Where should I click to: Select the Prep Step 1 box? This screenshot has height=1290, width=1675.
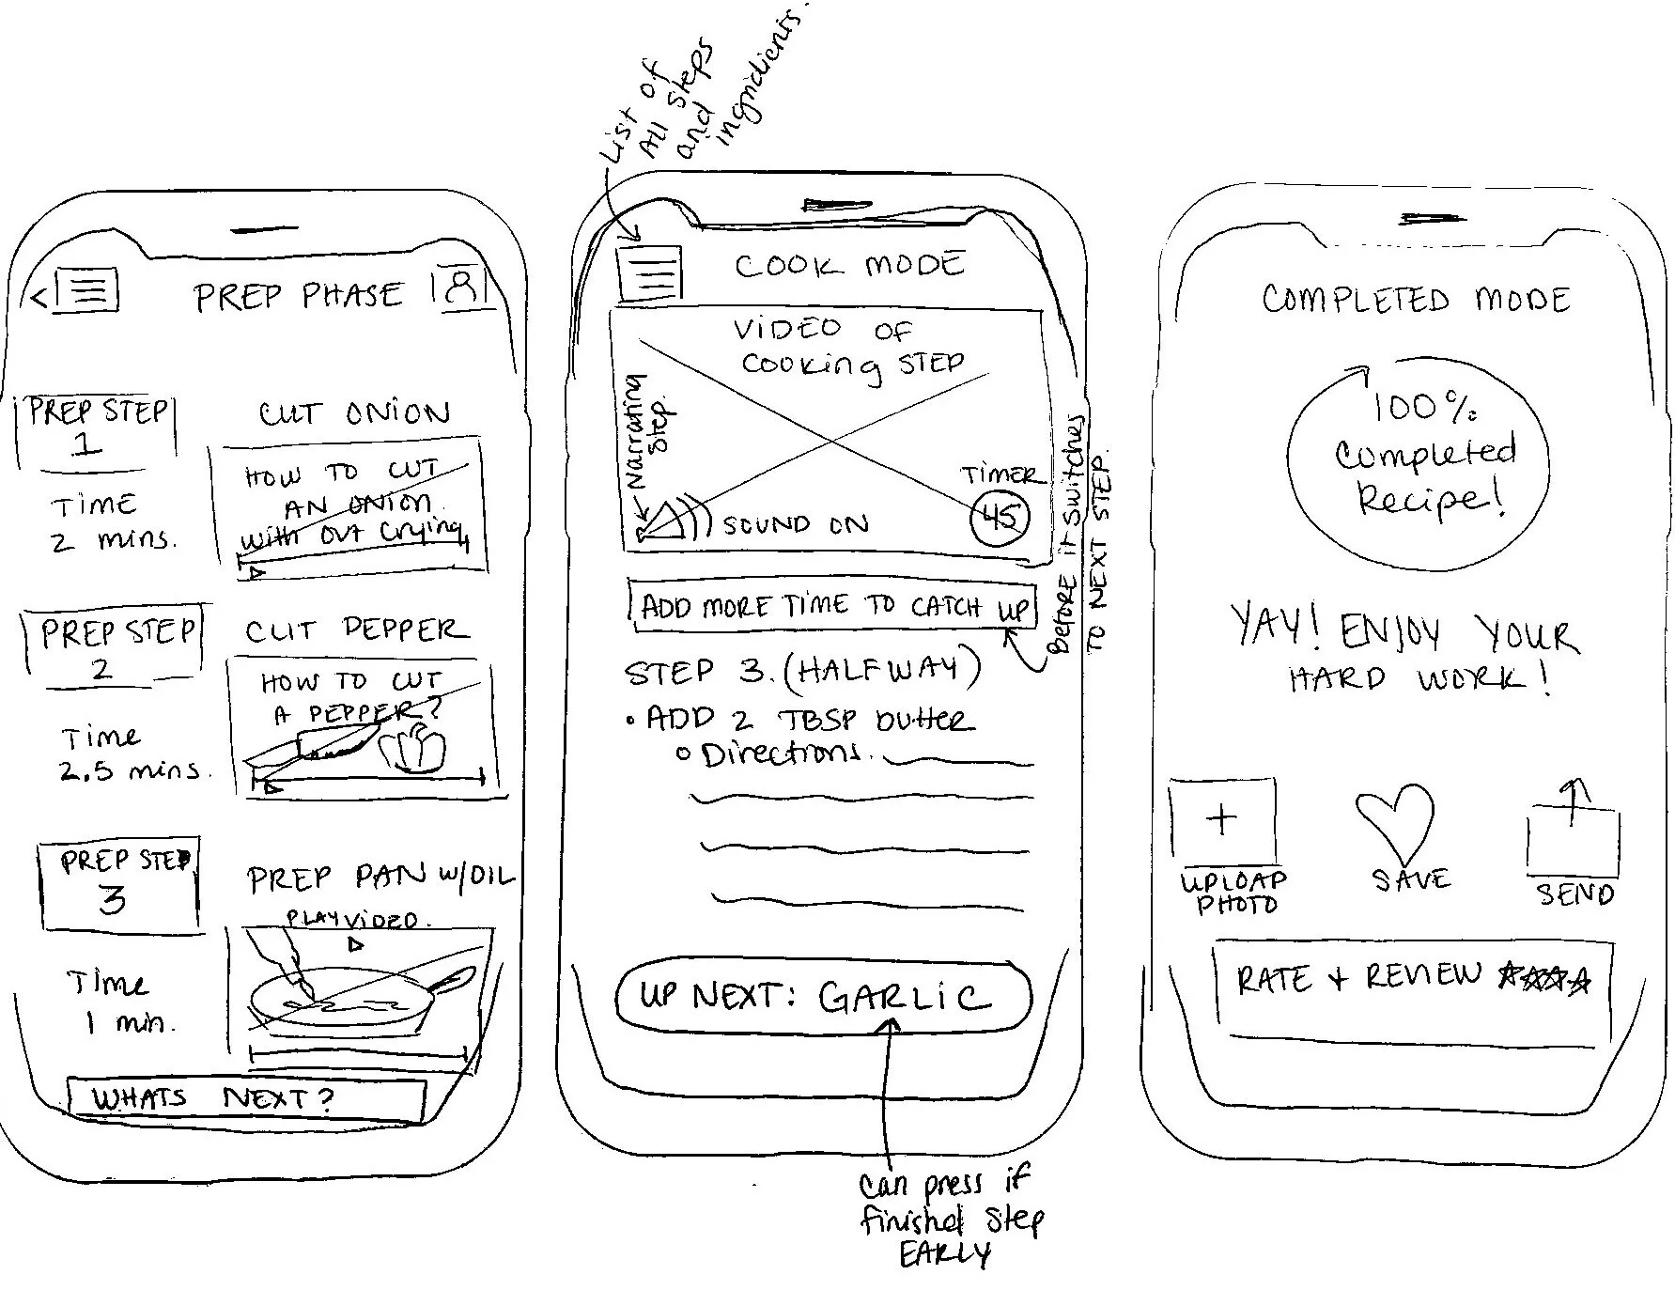(x=96, y=428)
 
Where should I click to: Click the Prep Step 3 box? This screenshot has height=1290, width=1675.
(x=118, y=884)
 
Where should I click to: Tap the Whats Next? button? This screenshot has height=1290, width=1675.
(x=246, y=1098)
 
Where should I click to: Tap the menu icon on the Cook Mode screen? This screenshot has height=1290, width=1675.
(x=649, y=272)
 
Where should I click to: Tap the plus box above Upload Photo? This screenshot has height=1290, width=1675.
(x=1221, y=820)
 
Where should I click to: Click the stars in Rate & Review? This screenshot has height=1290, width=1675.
(x=1544, y=977)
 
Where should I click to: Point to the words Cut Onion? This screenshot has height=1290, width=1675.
(x=354, y=413)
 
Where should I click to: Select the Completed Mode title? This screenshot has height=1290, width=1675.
(x=1416, y=300)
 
